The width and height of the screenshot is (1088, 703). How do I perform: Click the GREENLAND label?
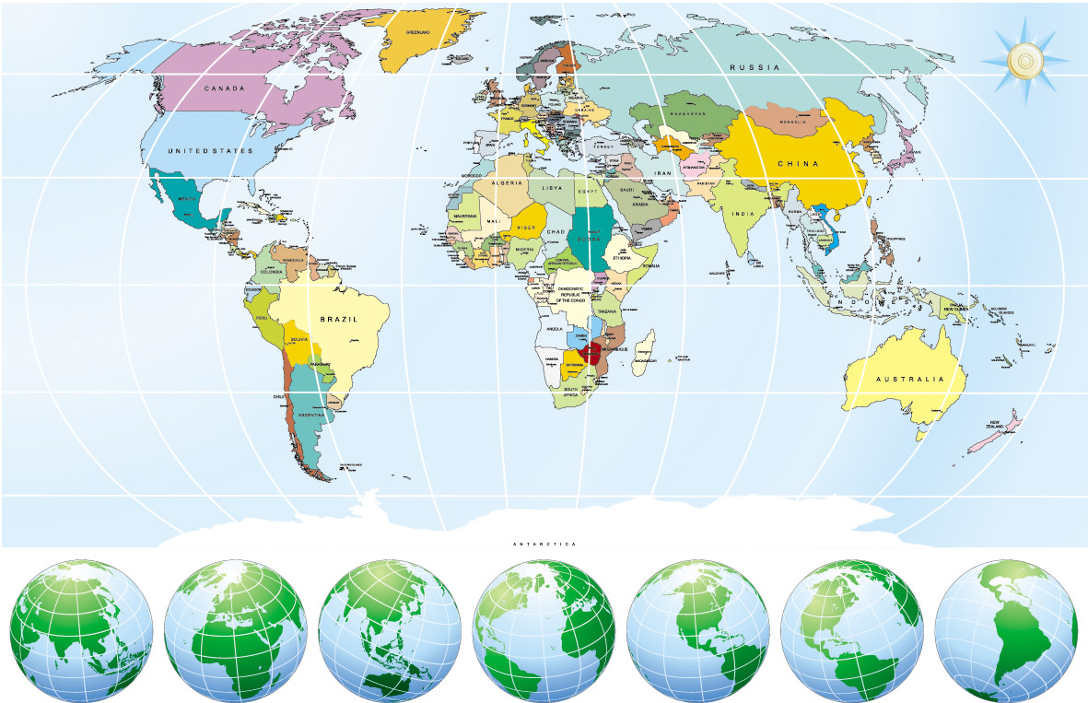[x=418, y=31]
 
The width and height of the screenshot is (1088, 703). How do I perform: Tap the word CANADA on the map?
[x=224, y=88]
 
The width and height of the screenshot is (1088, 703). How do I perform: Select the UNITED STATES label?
[x=210, y=149]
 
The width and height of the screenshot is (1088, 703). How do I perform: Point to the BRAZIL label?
[x=338, y=319]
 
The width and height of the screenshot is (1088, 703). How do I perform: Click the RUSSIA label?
[x=755, y=67]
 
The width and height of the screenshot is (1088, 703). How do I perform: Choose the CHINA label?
[x=797, y=163]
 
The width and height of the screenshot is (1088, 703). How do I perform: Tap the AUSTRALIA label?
[x=909, y=380]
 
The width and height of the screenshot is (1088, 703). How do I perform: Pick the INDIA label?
[x=743, y=214]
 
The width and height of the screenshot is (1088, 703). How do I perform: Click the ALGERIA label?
[x=508, y=183]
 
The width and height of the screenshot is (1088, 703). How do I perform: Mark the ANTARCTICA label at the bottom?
[x=544, y=545]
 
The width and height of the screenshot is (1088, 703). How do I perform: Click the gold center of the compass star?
[x=1024, y=62]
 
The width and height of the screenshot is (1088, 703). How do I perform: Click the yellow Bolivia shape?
[x=300, y=340]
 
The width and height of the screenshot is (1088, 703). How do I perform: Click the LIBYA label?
[x=551, y=188]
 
